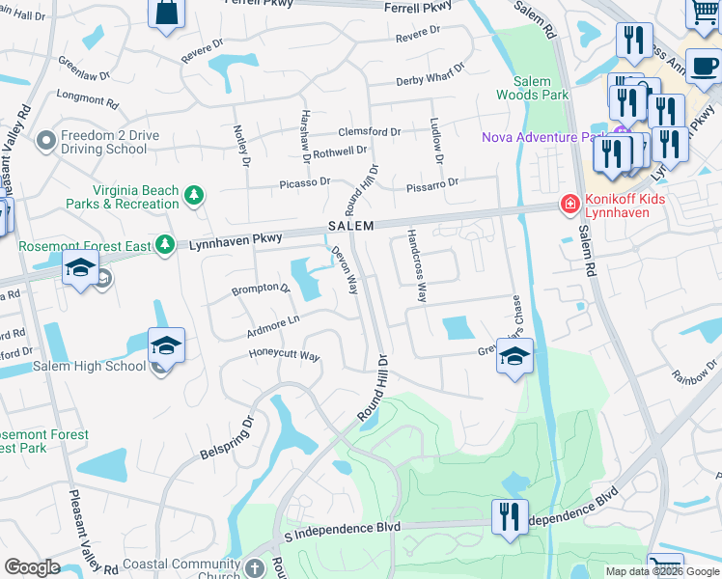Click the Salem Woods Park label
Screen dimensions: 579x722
click(532, 88)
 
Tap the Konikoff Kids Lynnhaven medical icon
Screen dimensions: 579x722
click(569, 205)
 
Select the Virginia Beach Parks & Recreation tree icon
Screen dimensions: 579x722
click(194, 196)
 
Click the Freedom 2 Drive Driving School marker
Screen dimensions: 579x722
click(44, 142)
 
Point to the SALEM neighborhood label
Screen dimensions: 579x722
click(349, 225)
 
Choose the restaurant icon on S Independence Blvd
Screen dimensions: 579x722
click(510, 515)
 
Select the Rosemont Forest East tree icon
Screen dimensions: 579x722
click(165, 245)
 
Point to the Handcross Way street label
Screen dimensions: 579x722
click(417, 265)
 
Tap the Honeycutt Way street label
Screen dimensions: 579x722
click(284, 355)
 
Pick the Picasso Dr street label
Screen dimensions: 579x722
click(305, 181)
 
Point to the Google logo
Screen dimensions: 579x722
click(32, 567)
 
